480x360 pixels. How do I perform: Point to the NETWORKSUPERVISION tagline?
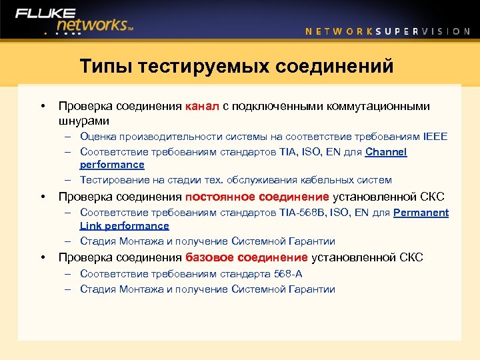click(x=387, y=31)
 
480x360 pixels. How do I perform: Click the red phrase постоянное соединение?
click(x=257, y=197)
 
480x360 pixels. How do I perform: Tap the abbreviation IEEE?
click(x=435, y=137)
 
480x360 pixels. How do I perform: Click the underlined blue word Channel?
click(x=386, y=152)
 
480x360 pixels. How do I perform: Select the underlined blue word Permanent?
click(x=421, y=213)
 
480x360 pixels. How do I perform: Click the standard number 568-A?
click(x=289, y=273)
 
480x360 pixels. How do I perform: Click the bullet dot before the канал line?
click(x=42, y=106)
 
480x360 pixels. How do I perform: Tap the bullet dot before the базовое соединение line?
click(x=42, y=257)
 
